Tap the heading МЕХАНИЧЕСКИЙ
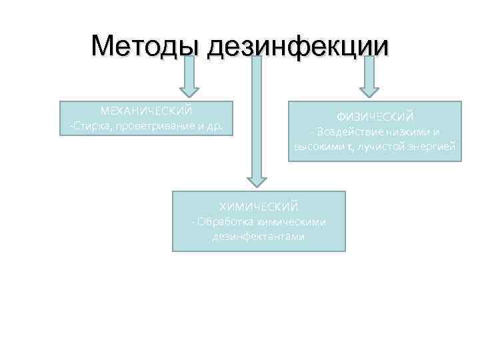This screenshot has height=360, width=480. (146, 110)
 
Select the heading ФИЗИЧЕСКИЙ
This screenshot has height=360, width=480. (375, 117)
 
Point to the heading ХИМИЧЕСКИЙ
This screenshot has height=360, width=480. (259, 207)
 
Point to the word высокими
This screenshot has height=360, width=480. (317, 147)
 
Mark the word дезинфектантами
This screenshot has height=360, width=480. (259, 237)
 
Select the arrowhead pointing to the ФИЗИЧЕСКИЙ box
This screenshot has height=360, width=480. (369, 89)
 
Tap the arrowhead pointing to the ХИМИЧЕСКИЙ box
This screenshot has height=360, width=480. (257, 181)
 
